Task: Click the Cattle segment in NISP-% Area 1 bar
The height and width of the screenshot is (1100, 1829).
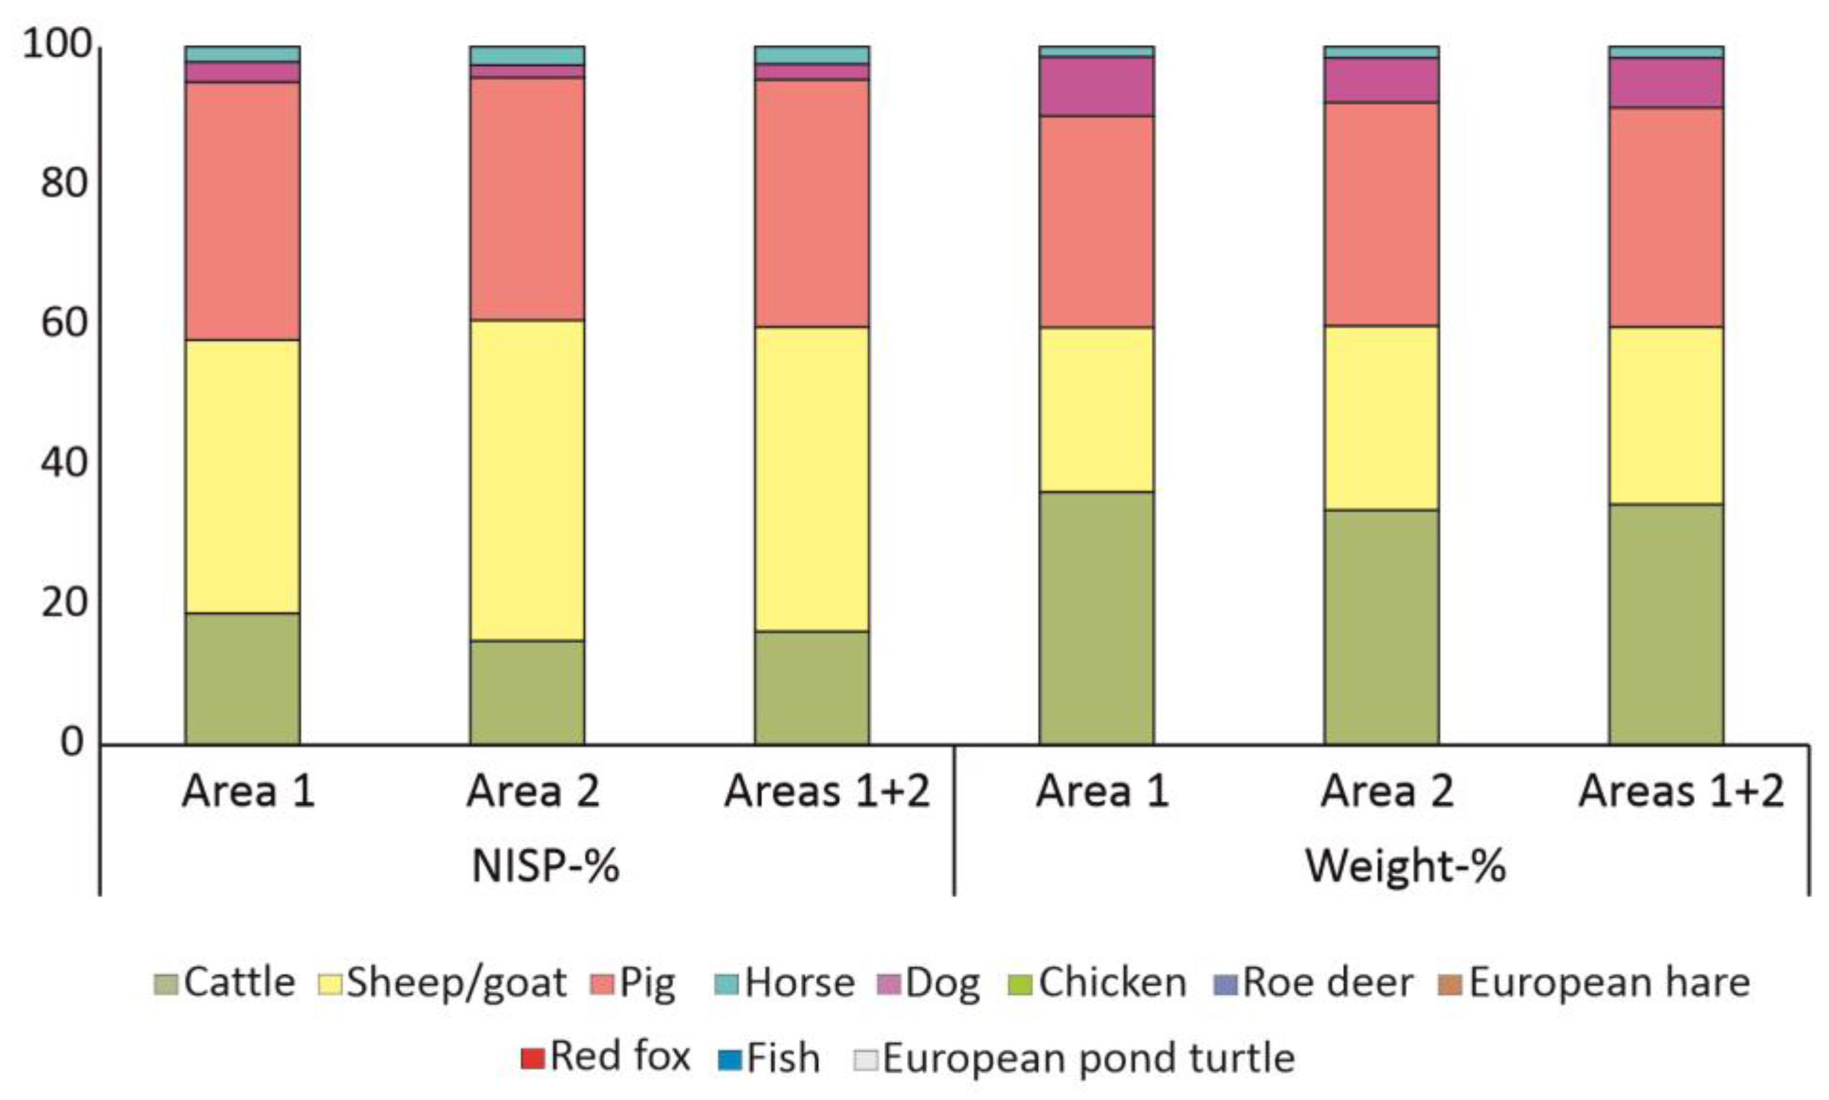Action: (243, 678)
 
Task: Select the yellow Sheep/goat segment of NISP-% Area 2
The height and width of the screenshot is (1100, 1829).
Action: (527, 481)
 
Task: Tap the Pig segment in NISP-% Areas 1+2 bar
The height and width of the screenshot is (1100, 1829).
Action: (812, 203)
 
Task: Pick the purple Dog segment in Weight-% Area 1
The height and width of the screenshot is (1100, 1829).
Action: (1096, 87)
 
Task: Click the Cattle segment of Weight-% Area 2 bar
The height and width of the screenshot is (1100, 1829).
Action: (1381, 626)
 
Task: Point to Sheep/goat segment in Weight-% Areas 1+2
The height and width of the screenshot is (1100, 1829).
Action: (1666, 415)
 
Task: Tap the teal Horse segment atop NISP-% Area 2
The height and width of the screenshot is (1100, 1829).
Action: (527, 56)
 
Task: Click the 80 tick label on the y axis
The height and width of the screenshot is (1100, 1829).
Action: (65, 183)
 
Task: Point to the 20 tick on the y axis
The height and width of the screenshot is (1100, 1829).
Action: (65, 602)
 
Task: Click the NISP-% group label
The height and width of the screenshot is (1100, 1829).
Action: (546, 865)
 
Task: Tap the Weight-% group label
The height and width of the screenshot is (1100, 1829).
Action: (1406, 865)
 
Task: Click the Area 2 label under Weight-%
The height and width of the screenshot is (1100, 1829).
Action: (1386, 791)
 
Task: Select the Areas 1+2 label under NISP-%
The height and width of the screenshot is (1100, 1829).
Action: (827, 791)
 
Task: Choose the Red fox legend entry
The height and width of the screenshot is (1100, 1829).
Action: (606, 1056)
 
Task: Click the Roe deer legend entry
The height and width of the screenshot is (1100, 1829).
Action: (1314, 984)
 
